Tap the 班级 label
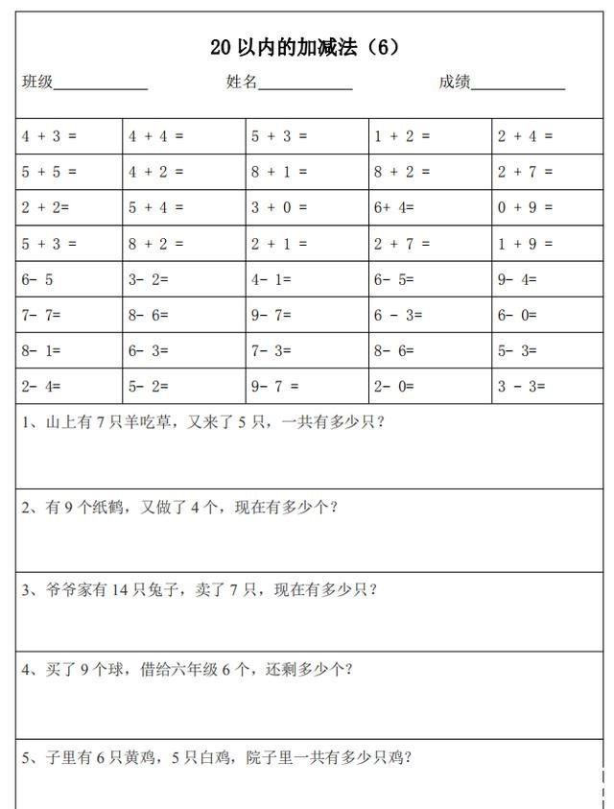pos(37,83)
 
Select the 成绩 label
pos(454,83)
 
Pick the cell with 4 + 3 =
pos(49,136)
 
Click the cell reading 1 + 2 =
pos(402,136)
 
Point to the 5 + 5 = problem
pos(49,172)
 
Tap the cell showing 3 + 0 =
pos(279,207)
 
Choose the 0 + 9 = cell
pos(525,207)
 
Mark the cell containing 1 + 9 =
pos(525,244)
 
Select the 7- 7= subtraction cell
pos(42,315)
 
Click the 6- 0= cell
pos(517,315)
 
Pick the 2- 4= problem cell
pos(41,386)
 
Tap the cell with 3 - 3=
pos(521,386)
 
